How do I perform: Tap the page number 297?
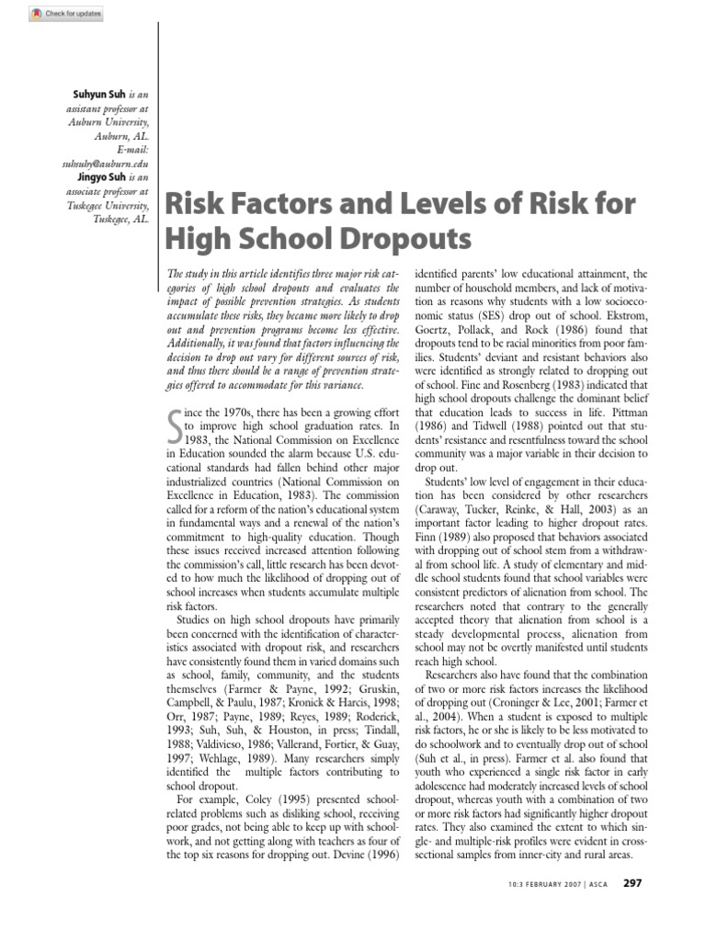click(x=632, y=883)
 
